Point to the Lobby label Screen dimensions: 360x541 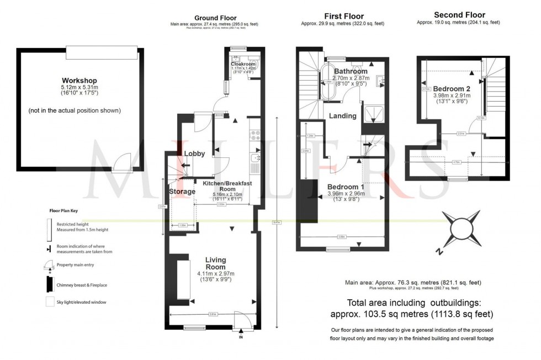[x=195, y=153]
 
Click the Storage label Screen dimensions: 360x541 [x=182, y=192]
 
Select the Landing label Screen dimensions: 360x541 [x=343, y=116]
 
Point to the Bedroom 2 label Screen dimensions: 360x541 [x=452, y=89]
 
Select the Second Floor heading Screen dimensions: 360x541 [x=459, y=15]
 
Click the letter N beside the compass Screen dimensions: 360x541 [x=439, y=251]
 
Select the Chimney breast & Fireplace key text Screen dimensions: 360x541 [x=81, y=286]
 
